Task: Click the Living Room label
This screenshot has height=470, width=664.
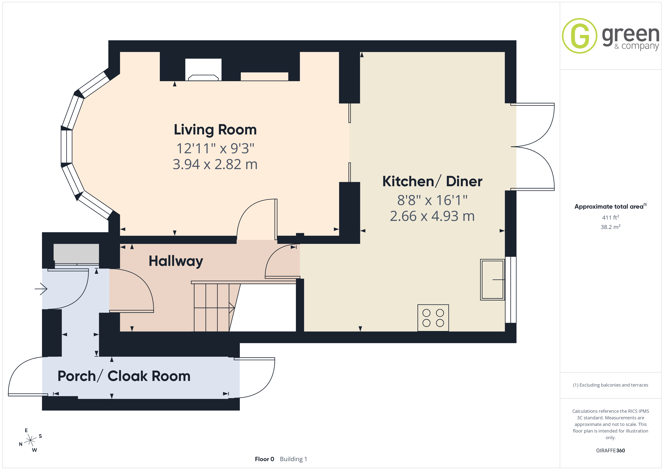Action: pyautogui.click(x=215, y=130)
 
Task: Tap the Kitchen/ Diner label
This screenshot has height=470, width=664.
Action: pyautogui.click(x=432, y=182)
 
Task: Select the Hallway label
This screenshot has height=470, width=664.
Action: pyautogui.click(x=176, y=261)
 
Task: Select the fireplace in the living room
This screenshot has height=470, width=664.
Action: pyautogui.click(x=203, y=69)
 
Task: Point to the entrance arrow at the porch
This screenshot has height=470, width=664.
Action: pyautogui.click(x=41, y=289)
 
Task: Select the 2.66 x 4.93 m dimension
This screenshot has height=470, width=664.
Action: pyautogui.click(x=432, y=216)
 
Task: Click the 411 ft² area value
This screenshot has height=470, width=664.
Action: pyautogui.click(x=611, y=217)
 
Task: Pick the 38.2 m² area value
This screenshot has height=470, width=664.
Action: pyautogui.click(x=611, y=227)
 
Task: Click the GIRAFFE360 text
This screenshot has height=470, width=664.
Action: pyautogui.click(x=611, y=450)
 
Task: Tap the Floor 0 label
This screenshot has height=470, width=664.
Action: pyautogui.click(x=264, y=459)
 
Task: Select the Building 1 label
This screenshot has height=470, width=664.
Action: pyautogui.click(x=294, y=459)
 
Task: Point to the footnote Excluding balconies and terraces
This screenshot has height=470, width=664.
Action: pyautogui.click(x=611, y=385)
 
